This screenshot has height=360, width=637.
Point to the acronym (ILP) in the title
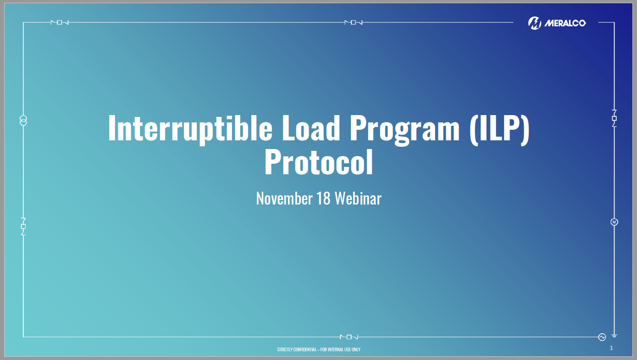(499, 129)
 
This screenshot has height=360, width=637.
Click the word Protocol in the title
(319, 163)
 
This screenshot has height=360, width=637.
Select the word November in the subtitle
(284, 199)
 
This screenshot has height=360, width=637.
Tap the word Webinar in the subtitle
(358, 199)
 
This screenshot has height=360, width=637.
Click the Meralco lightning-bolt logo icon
(535, 23)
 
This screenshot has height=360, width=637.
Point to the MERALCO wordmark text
(565, 23)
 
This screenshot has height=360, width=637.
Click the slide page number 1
(611, 348)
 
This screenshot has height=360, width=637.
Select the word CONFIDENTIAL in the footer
(303, 349)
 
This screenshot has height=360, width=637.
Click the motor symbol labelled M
(614, 222)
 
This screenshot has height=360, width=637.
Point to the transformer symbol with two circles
(23, 121)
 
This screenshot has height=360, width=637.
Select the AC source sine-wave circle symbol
(602, 337)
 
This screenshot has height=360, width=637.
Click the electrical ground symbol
(614, 336)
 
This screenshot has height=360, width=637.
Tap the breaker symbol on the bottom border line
(349, 337)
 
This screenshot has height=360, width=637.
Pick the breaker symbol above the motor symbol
(614, 118)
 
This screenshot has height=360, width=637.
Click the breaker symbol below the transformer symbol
(23, 227)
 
